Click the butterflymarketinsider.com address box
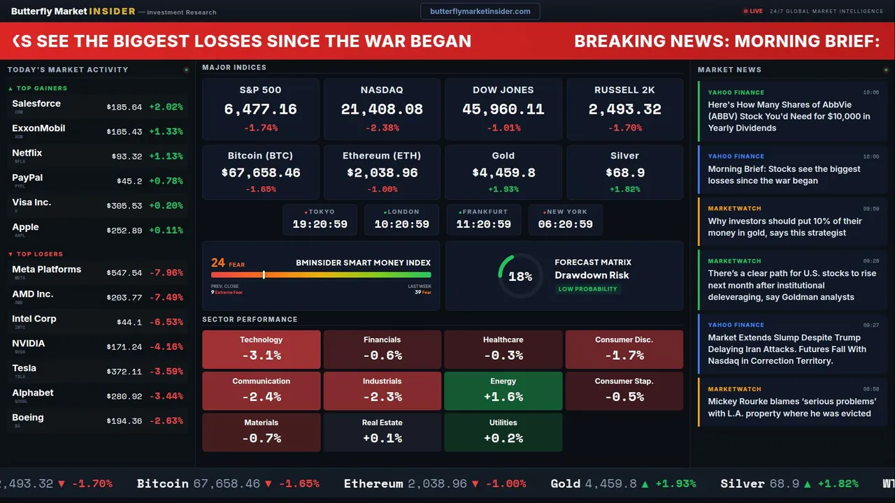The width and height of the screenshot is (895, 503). (480, 11)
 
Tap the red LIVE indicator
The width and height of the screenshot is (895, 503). (753, 11)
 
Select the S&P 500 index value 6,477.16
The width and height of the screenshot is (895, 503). (260, 110)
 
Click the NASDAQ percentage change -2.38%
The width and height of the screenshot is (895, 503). (382, 128)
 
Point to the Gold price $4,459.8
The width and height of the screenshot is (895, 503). (503, 173)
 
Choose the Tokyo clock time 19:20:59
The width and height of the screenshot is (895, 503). (320, 224)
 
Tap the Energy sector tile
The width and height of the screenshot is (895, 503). (503, 391)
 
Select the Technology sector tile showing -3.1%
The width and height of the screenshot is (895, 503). (262, 349)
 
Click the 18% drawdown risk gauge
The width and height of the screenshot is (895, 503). (520, 276)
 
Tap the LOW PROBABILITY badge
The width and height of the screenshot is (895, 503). (587, 289)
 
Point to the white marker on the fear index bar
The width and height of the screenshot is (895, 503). (264, 275)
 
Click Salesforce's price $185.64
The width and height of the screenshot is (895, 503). (124, 108)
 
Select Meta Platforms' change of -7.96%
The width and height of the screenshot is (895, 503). (169, 273)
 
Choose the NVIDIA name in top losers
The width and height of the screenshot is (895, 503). (29, 344)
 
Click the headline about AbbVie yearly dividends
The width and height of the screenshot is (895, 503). (789, 116)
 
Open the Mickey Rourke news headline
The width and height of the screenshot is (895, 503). (792, 407)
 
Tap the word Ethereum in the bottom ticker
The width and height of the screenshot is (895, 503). (373, 483)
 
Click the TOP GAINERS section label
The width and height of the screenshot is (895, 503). (42, 89)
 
